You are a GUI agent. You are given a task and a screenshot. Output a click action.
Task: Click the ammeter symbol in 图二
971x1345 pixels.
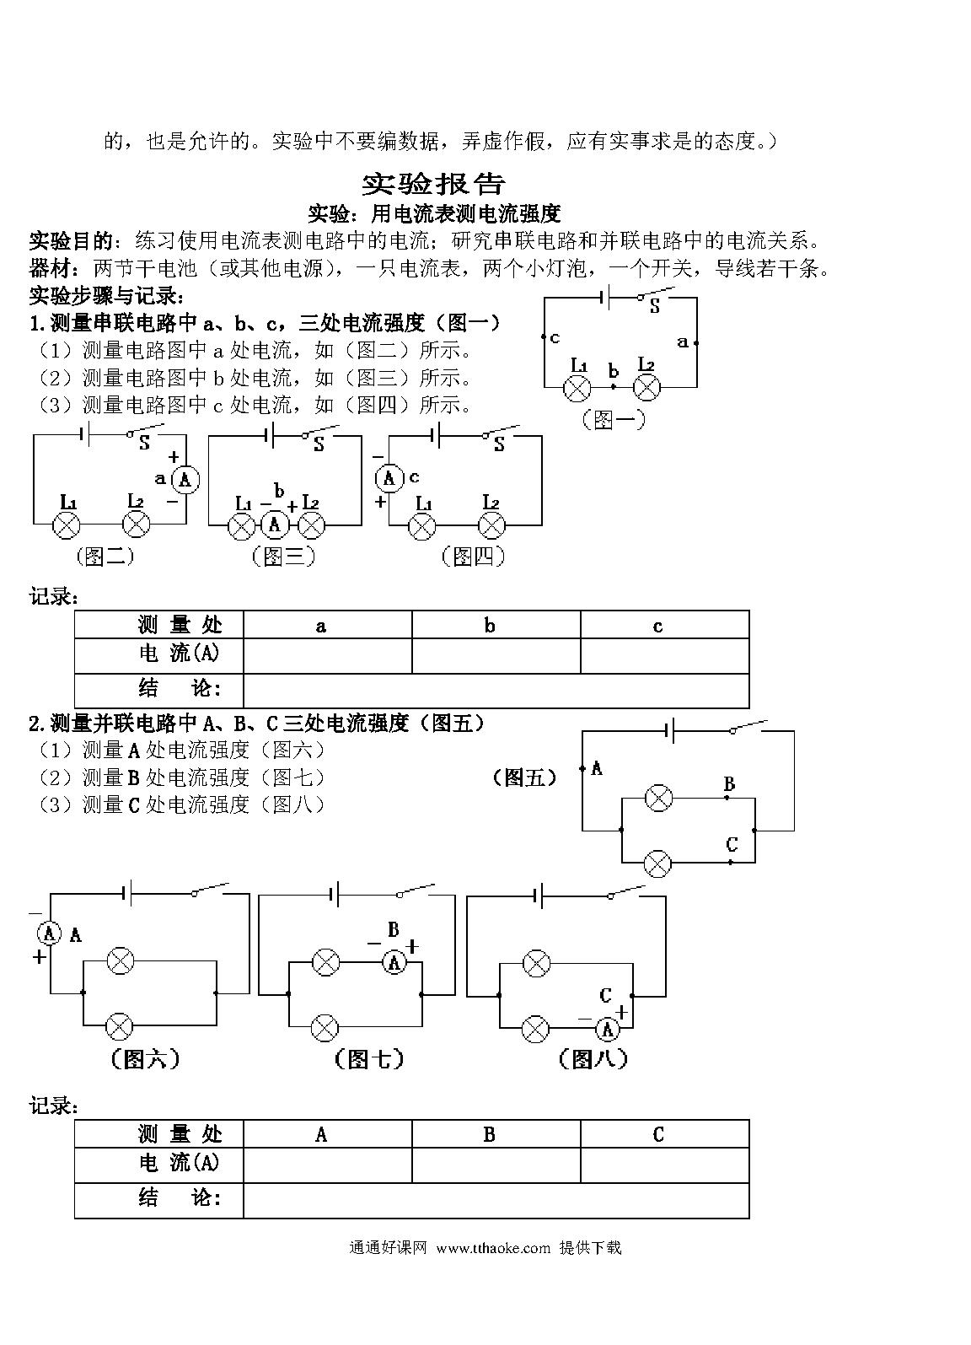pyautogui.click(x=185, y=480)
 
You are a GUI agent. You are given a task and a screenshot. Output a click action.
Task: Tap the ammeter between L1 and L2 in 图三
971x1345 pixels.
pyautogui.click(x=275, y=525)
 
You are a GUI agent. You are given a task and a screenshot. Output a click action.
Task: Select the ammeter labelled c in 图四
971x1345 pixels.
pyautogui.click(x=389, y=479)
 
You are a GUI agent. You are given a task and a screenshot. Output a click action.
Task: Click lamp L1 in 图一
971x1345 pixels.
pyautogui.click(x=577, y=388)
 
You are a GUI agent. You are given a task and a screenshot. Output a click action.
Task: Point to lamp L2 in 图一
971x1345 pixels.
pyautogui.click(x=646, y=388)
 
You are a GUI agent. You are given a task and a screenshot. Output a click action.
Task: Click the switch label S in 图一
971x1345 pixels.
pyautogui.click(x=654, y=308)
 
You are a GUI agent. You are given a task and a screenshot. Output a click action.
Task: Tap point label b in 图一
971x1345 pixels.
pyautogui.click(x=613, y=371)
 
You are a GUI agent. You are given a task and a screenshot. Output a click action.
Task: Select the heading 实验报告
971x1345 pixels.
pyautogui.click(x=433, y=184)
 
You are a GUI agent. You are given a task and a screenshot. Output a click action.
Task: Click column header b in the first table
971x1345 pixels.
pyautogui.click(x=490, y=626)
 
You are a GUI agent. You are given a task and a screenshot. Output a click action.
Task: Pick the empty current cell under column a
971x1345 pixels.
pyautogui.click(x=327, y=655)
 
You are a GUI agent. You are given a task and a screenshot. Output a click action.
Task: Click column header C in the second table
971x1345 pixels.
pyautogui.click(x=658, y=1135)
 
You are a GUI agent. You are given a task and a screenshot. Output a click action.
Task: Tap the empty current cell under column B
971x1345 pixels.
pyautogui.click(x=496, y=1165)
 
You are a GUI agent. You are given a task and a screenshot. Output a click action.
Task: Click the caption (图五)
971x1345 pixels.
pyautogui.click(x=523, y=777)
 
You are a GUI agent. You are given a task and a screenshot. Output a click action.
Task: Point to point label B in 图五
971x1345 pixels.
pyautogui.click(x=729, y=784)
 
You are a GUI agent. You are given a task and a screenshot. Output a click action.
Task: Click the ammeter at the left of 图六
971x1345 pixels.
pyautogui.click(x=49, y=933)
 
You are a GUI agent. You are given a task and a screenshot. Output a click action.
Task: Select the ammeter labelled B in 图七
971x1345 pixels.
pyautogui.click(x=394, y=962)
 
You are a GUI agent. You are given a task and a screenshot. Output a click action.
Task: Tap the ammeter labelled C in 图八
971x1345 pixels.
pyautogui.click(x=608, y=1029)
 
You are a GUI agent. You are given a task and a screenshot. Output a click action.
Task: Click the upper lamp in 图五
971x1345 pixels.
pyautogui.click(x=657, y=798)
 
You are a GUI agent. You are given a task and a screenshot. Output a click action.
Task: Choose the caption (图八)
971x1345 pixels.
pyautogui.click(x=593, y=1058)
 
